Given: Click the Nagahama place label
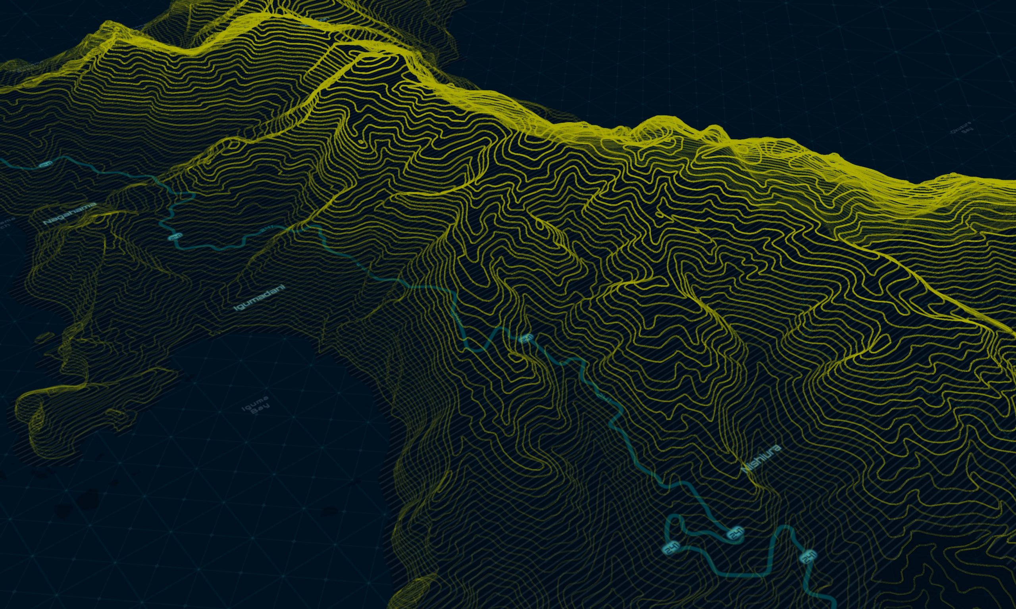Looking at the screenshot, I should coord(69,213).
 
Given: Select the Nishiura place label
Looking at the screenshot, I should coord(761,459).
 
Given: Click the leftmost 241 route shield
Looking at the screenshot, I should coord(46,165).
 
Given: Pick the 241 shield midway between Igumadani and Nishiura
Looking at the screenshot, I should coord(527,339).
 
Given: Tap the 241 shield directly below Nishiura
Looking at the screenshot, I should coord(735,534).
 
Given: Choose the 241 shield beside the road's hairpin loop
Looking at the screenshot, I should coord(671,548).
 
